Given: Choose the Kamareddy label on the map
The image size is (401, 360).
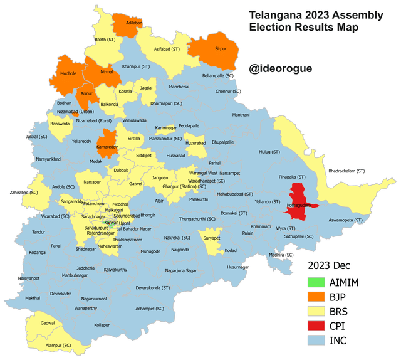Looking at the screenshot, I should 108,146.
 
